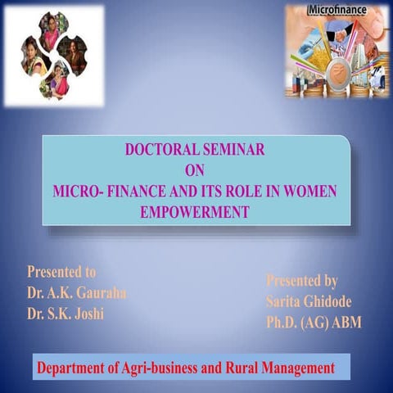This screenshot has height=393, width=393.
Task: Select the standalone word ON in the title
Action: click(196, 169)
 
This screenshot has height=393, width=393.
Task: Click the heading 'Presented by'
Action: click(301, 281)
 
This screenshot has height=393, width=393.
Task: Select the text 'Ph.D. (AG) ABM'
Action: click(313, 323)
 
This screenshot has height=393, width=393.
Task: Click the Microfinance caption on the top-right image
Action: click(336, 11)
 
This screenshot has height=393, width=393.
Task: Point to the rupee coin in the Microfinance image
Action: click(335, 79)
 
